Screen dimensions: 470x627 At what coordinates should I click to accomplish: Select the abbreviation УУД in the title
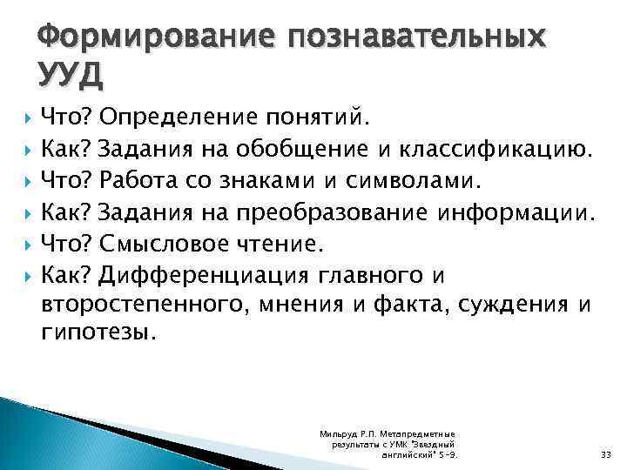(x=71, y=77)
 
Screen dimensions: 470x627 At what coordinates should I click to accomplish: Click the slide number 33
(x=606, y=454)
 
